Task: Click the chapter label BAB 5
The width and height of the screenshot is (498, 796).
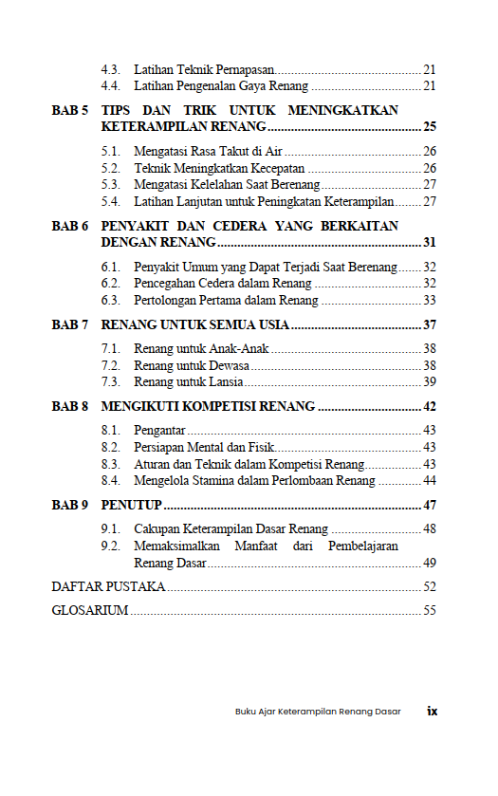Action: (x=69, y=110)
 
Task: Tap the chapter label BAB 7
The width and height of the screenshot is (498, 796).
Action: (x=69, y=324)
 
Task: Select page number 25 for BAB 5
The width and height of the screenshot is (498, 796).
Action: (x=430, y=126)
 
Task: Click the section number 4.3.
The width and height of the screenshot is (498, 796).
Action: (x=111, y=70)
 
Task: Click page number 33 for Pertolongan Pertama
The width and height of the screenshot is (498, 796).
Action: (x=430, y=300)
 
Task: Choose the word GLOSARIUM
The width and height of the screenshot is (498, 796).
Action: (x=90, y=610)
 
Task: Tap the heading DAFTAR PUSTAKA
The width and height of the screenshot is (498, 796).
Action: (x=108, y=586)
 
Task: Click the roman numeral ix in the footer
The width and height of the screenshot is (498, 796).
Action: (x=432, y=711)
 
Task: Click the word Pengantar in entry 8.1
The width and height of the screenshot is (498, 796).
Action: (x=159, y=431)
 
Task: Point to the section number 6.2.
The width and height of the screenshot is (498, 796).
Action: (x=111, y=283)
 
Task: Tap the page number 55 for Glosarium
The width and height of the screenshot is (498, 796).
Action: (x=430, y=610)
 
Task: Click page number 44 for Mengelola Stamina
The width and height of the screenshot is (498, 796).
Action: (x=430, y=481)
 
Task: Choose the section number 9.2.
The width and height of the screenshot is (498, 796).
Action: (x=111, y=546)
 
